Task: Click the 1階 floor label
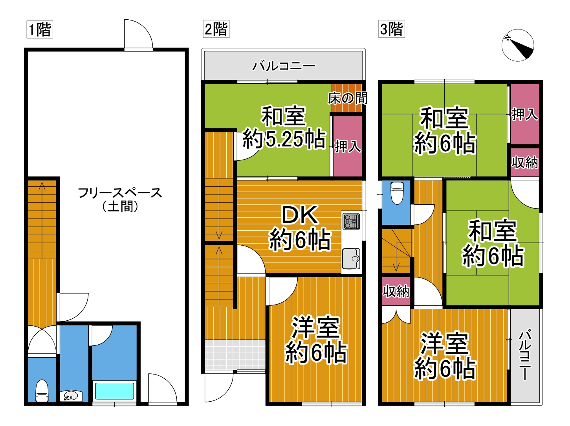click(x=40, y=29)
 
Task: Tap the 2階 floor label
click(x=216, y=29)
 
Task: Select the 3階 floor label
click(x=391, y=29)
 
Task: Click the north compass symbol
click(x=518, y=45)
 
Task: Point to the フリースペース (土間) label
click(x=120, y=200)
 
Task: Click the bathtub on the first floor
click(x=115, y=391)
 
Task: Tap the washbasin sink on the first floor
click(x=71, y=396)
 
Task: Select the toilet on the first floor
click(x=42, y=390)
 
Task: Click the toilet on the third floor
click(x=397, y=193)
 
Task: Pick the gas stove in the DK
click(x=351, y=221)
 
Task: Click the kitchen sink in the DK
click(x=351, y=259)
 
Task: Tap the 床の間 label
click(x=347, y=99)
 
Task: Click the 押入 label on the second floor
click(x=348, y=146)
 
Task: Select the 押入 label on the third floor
click(x=525, y=114)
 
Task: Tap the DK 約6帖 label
click(x=300, y=228)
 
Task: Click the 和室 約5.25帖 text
click(x=284, y=128)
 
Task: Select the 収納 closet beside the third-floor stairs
click(x=396, y=291)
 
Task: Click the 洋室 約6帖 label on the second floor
click(x=316, y=340)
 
